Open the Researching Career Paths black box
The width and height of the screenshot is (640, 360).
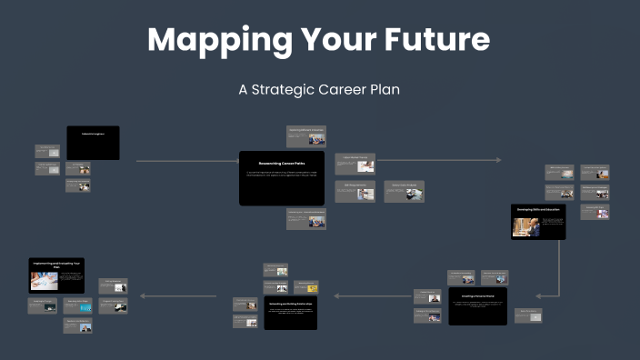(x=281, y=177)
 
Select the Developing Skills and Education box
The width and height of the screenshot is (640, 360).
(x=538, y=222)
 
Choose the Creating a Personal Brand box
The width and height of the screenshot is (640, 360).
(x=477, y=305)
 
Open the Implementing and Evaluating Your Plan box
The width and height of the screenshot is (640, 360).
(x=56, y=275)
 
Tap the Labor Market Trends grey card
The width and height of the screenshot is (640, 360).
(x=355, y=164)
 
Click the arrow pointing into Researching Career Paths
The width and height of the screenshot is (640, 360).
(x=186, y=162)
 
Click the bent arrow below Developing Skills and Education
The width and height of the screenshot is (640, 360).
(x=555, y=273)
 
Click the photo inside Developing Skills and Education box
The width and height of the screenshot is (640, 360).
(x=527, y=227)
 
